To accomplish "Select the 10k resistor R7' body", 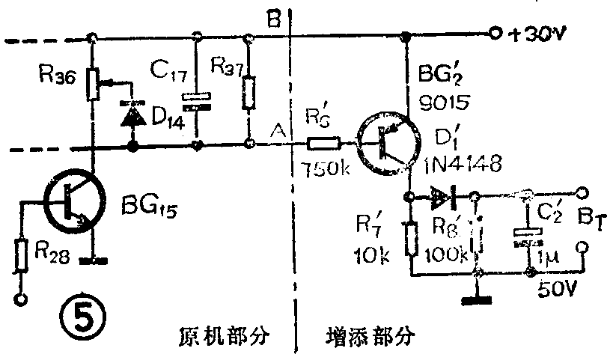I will coord(410,239).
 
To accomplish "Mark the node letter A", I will coord(279,132).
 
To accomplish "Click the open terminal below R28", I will coord(21,301).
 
